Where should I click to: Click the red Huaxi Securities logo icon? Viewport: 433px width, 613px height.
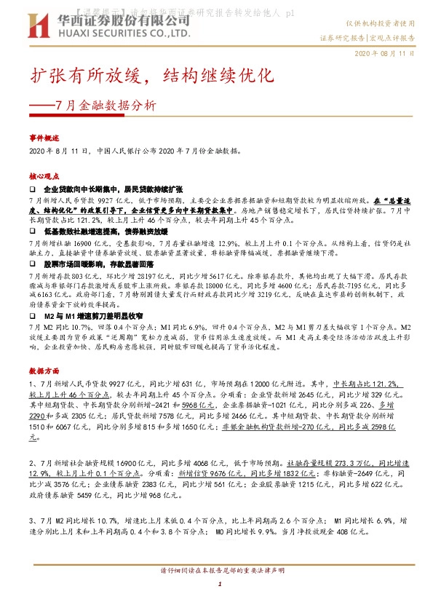coord(40,26)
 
